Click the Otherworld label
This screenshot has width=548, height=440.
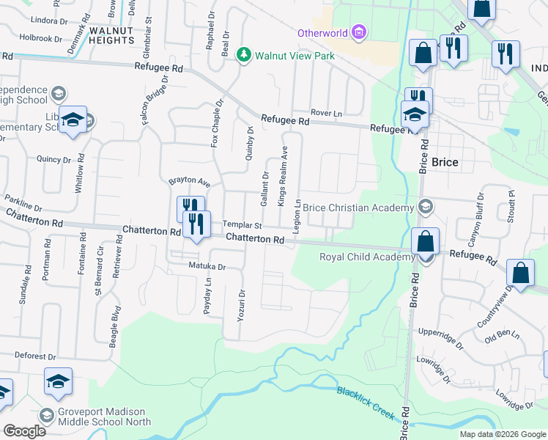tap(322, 33)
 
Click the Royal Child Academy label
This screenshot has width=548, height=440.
tap(366, 257)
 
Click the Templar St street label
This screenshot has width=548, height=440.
tap(242, 226)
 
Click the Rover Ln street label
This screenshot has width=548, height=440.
tap(326, 113)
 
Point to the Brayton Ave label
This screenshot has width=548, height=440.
tap(189, 181)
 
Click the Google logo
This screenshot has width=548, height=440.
tap(24, 430)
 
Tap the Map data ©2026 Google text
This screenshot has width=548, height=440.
tap(503, 434)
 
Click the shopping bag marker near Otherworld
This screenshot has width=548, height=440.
tap(423, 54)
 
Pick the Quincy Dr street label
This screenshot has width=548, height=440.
tap(51, 159)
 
